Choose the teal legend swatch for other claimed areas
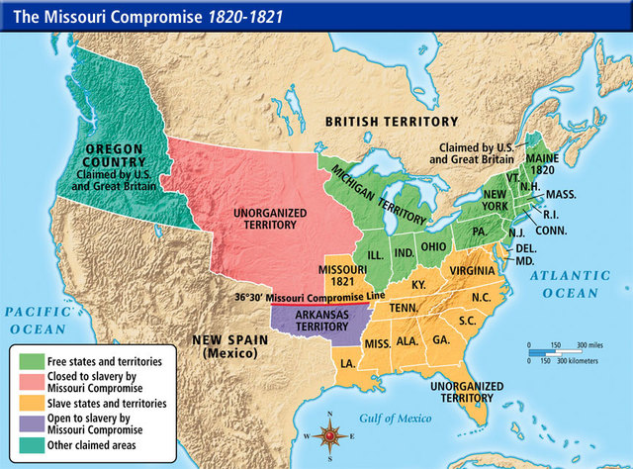(x=30, y=445)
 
